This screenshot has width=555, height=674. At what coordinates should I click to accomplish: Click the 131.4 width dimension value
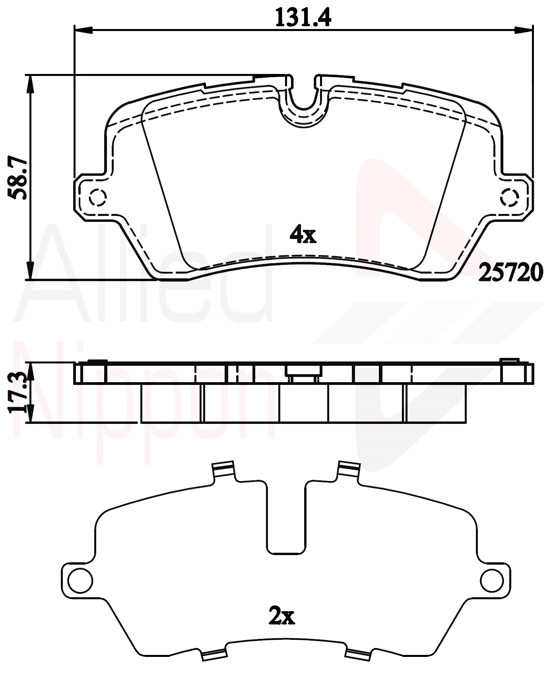pyautogui.click(x=303, y=17)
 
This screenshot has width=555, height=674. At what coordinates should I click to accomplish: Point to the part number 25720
pyautogui.click(x=510, y=272)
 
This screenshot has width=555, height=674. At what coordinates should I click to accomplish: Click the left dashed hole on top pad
pyautogui.click(x=97, y=196)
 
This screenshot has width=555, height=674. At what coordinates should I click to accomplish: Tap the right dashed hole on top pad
pyautogui.click(x=510, y=196)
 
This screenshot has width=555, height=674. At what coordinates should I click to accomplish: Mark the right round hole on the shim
pyautogui.click(x=492, y=580)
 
